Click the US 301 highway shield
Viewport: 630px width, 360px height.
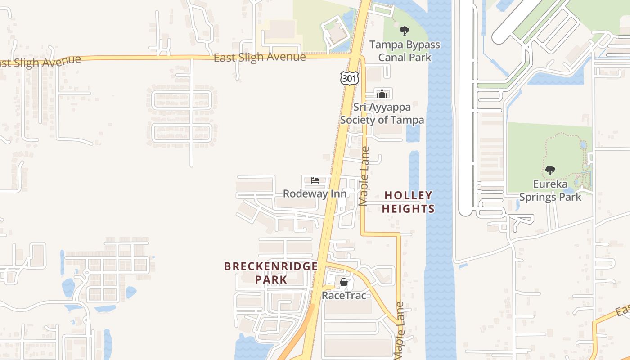[x=349, y=78]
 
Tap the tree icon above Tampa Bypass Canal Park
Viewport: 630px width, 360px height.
[x=405, y=31]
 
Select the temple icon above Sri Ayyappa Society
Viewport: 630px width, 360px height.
[x=382, y=94]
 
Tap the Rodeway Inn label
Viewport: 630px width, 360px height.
[x=315, y=193]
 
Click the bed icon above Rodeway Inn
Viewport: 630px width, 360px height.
[x=315, y=180]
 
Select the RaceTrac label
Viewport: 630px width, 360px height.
[x=344, y=295]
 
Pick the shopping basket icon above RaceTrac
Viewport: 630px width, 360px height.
[x=344, y=282]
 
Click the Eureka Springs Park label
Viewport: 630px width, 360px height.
[x=550, y=190]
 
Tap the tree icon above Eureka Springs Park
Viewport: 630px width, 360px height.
[x=550, y=171]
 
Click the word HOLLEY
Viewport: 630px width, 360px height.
[x=409, y=195]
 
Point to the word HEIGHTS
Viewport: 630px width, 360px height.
[x=409, y=209]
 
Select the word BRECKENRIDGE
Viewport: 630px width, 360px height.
[x=271, y=266]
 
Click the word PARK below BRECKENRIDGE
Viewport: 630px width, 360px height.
[x=271, y=279]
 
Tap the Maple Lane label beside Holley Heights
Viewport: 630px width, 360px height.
[x=364, y=176]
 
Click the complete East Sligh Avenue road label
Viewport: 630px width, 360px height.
[x=260, y=58]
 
